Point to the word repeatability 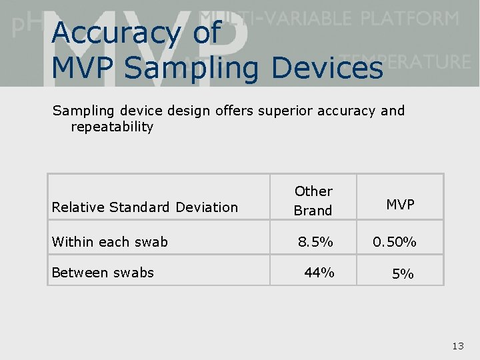point(112,127)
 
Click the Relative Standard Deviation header point(145,207)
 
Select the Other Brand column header point(313,201)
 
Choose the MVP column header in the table point(400,205)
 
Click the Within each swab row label point(110,241)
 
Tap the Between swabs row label point(103,273)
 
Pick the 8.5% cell point(315,241)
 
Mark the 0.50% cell point(395,241)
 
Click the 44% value point(319,273)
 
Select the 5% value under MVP point(403,273)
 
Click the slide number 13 point(457,345)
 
